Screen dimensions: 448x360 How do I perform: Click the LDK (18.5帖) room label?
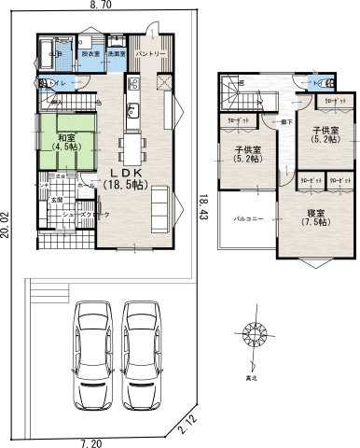(x=136, y=179)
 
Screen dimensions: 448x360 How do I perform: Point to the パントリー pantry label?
(x=150, y=55)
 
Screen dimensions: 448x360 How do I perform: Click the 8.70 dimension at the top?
(x=100, y=6)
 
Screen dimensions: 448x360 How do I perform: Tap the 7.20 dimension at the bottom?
(x=90, y=441)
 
